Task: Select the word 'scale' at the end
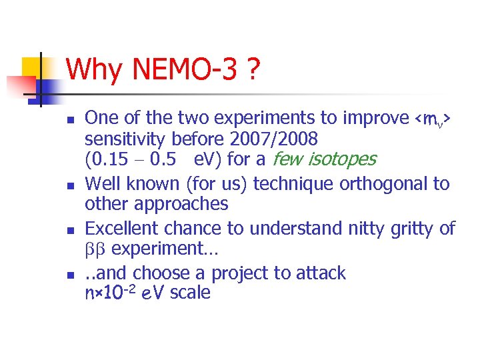(x=190, y=293)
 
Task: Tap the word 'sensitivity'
(x=126, y=139)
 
